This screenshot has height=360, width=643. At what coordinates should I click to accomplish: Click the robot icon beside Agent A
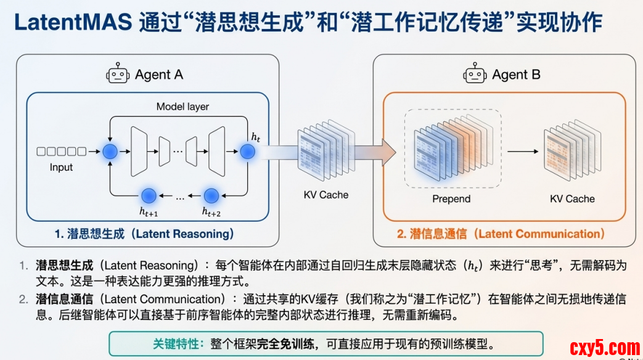pyautogui.click(x=118, y=74)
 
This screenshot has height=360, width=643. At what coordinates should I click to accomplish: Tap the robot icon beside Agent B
pyautogui.click(x=475, y=74)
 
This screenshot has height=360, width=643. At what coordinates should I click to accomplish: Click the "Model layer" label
pyautogui.click(x=182, y=107)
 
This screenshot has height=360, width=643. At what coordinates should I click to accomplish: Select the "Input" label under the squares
pyautogui.click(x=61, y=167)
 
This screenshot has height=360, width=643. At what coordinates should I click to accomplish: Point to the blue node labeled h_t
pyautogui.click(x=247, y=152)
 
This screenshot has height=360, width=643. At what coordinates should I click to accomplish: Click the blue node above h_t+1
pyautogui.click(x=149, y=196)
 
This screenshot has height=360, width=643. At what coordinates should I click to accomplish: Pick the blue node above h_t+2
pyautogui.click(x=211, y=196)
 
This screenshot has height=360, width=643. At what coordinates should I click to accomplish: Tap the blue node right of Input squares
pyautogui.click(x=110, y=152)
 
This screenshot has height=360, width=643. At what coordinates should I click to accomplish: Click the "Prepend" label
pyautogui.click(x=451, y=198)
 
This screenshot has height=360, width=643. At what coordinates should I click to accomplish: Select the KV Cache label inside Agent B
pyautogui.click(x=572, y=198)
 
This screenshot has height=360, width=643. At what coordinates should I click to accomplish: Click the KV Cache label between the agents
pyautogui.click(x=326, y=195)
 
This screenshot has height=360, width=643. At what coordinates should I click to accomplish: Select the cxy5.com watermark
pyautogui.click(x=605, y=348)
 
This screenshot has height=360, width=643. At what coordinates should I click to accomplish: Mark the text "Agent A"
pyautogui.click(x=159, y=75)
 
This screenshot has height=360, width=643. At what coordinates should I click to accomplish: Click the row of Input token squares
pyautogui.click(x=61, y=152)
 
